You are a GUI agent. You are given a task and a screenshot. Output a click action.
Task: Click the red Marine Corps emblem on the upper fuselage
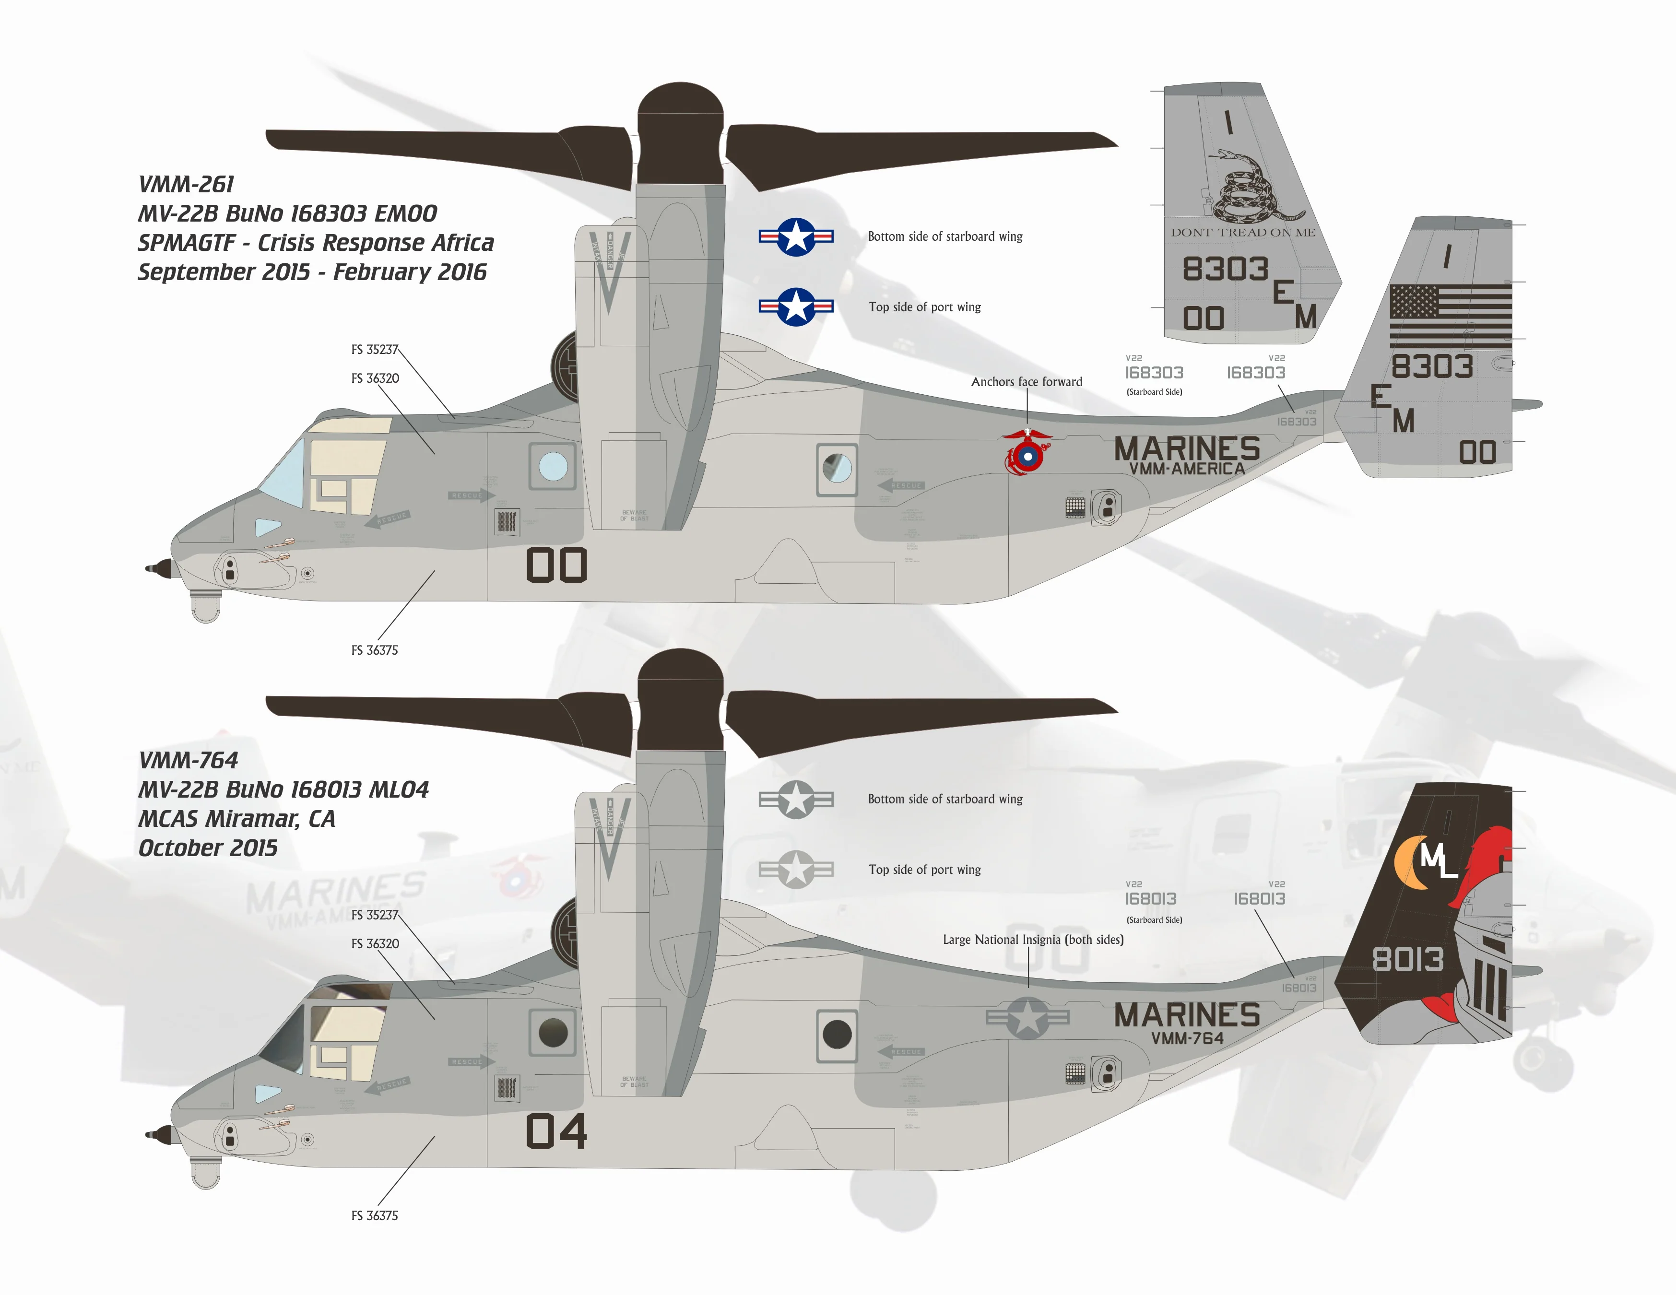click(x=1027, y=454)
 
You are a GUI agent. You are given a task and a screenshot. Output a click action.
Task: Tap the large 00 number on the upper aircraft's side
click(x=556, y=565)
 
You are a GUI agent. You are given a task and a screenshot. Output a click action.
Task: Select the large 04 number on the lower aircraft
click(x=556, y=1131)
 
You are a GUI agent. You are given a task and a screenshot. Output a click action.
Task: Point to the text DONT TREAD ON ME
click(x=1242, y=233)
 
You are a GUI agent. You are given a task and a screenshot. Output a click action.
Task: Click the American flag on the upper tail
click(x=1451, y=315)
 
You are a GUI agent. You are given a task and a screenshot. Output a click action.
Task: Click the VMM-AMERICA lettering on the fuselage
click(x=1186, y=469)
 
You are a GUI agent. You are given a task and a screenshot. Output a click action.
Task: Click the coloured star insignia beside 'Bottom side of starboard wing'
click(x=796, y=236)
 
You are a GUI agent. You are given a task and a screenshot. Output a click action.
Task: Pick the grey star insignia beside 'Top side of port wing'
click(x=796, y=869)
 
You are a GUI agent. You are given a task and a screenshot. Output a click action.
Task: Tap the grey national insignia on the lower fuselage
click(x=1027, y=1018)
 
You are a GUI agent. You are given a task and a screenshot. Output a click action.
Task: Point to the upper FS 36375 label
click(x=375, y=650)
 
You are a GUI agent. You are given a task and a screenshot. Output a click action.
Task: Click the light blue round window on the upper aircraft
click(x=553, y=466)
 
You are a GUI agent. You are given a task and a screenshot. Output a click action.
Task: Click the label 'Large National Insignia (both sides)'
click(x=1033, y=940)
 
